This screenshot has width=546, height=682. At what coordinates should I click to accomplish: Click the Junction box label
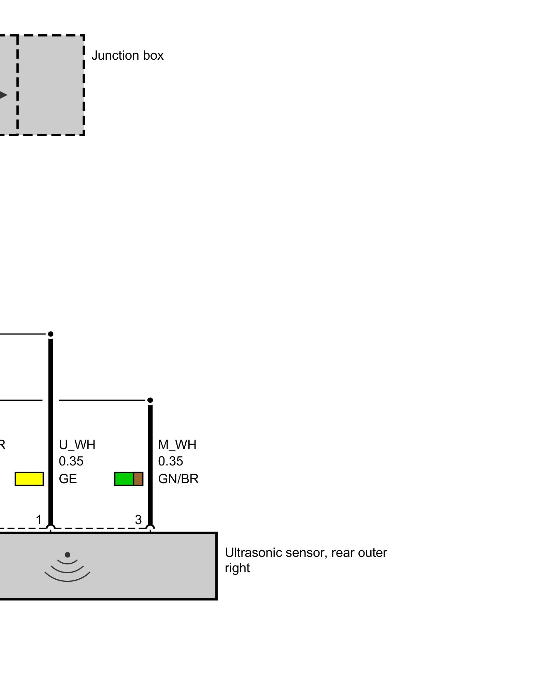coord(127,55)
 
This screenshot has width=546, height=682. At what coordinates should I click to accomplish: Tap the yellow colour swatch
coord(29,479)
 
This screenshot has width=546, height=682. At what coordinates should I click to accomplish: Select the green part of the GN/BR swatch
coord(124,479)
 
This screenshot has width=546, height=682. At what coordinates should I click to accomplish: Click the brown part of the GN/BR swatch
coord(138,479)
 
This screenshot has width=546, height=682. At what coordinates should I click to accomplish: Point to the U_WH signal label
coord(77,445)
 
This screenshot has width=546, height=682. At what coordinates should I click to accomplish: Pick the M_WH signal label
coord(177,445)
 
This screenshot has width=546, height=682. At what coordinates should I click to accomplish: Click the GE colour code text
coord(68,479)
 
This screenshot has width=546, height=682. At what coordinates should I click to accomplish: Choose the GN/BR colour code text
coord(178,479)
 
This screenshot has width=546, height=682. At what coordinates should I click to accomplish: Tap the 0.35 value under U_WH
coord(71,461)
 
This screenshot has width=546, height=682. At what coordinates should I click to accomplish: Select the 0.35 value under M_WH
coord(171,461)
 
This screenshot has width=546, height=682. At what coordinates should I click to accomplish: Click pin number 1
coord(39,520)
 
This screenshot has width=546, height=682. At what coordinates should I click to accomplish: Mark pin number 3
coord(138,520)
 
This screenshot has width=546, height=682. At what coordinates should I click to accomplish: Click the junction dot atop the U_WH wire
coord(51,334)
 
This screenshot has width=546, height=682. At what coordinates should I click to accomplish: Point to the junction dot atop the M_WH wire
coord(150,400)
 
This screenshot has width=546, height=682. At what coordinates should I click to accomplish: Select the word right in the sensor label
coord(238,568)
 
